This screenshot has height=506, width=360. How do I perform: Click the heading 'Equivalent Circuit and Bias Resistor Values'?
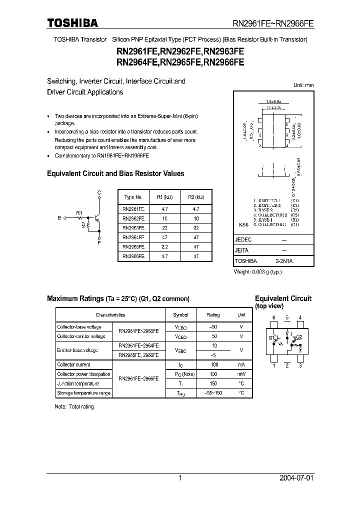click(115, 173)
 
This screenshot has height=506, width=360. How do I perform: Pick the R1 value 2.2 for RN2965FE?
click(164, 246)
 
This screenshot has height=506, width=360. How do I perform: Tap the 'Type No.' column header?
click(133, 197)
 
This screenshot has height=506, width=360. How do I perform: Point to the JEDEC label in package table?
click(243, 240)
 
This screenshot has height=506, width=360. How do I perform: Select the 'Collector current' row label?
click(73, 364)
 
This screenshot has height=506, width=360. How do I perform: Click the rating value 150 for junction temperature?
click(213, 383)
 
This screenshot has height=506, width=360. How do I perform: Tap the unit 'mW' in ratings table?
click(241, 374)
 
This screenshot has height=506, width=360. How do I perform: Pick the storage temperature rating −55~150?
click(213, 393)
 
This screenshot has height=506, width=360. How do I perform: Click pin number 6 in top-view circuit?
click(273, 317)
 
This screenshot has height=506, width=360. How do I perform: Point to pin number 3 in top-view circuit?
click(299, 365)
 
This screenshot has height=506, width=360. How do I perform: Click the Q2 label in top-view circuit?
click(299, 336)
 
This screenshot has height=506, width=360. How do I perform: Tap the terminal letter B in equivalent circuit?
click(59, 218)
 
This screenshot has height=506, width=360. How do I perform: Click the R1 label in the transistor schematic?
click(78, 213)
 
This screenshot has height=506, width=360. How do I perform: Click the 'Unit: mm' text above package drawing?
click(303, 85)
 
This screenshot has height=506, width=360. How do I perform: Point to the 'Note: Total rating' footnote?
click(74, 406)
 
